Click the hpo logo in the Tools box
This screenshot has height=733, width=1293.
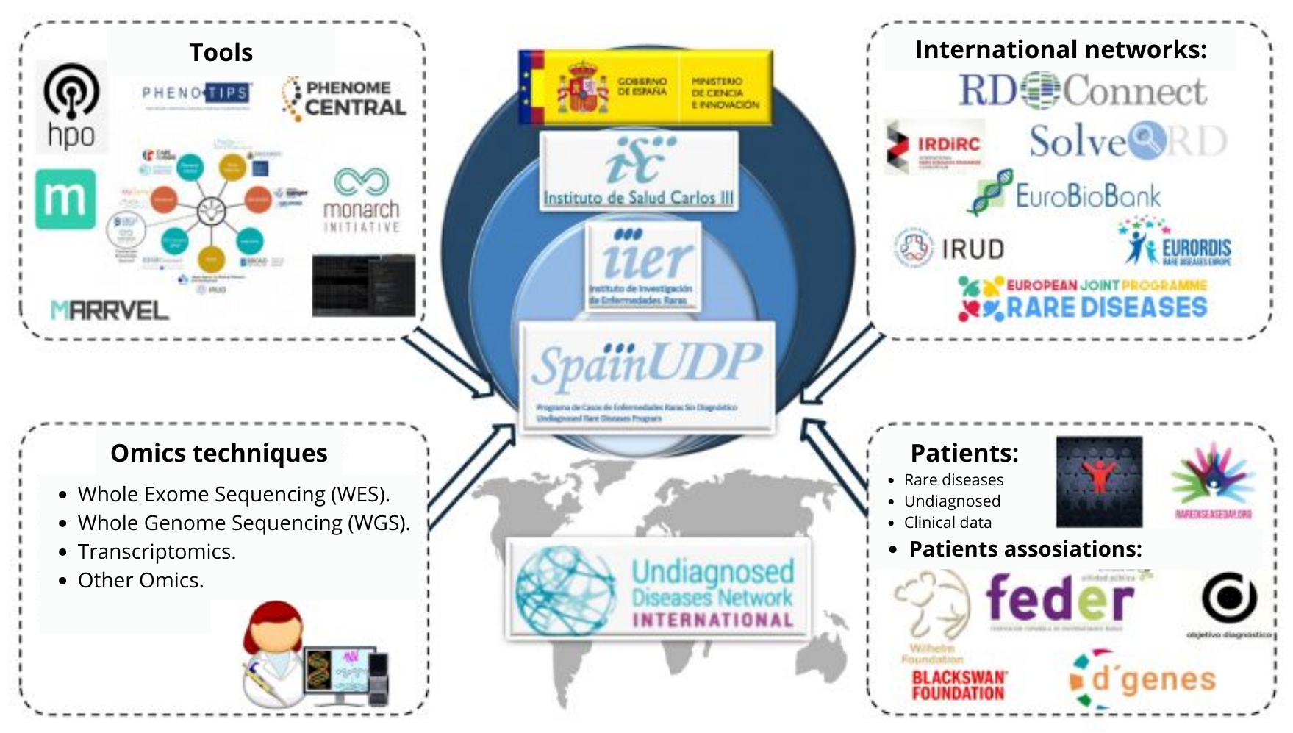(71, 106)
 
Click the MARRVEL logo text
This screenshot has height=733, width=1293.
(110, 310)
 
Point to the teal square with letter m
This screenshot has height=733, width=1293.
(65, 199)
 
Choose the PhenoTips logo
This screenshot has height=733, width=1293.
(196, 93)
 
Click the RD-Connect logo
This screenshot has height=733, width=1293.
(1082, 91)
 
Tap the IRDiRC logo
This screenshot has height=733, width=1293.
(935, 146)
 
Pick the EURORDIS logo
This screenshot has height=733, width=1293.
(1175, 243)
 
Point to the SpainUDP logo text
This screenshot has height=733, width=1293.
(647, 365)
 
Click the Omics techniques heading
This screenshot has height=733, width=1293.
(219, 453)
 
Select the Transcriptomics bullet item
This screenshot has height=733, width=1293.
(157, 551)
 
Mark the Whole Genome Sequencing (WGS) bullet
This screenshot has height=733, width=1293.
(243, 523)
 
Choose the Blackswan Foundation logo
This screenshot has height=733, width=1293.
(958, 685)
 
